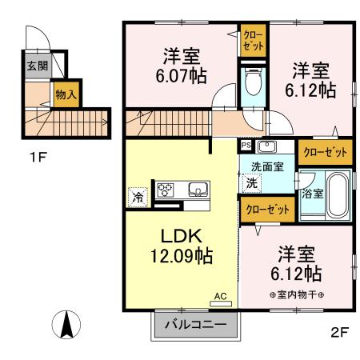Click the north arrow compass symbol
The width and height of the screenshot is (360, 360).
click(x=68, y=322)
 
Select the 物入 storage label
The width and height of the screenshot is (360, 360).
click(x=66, y=94)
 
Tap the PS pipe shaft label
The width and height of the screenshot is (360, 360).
click(x=246, y=146)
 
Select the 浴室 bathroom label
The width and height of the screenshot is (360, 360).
click(x=311, y=194)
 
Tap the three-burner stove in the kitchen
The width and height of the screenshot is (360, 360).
click(x=166, y=190)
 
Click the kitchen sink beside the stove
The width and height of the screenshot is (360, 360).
click(x=196, y=190)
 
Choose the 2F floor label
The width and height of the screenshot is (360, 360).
click(x=341, y=332)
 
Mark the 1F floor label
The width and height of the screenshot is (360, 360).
click(x=38, y=157)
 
